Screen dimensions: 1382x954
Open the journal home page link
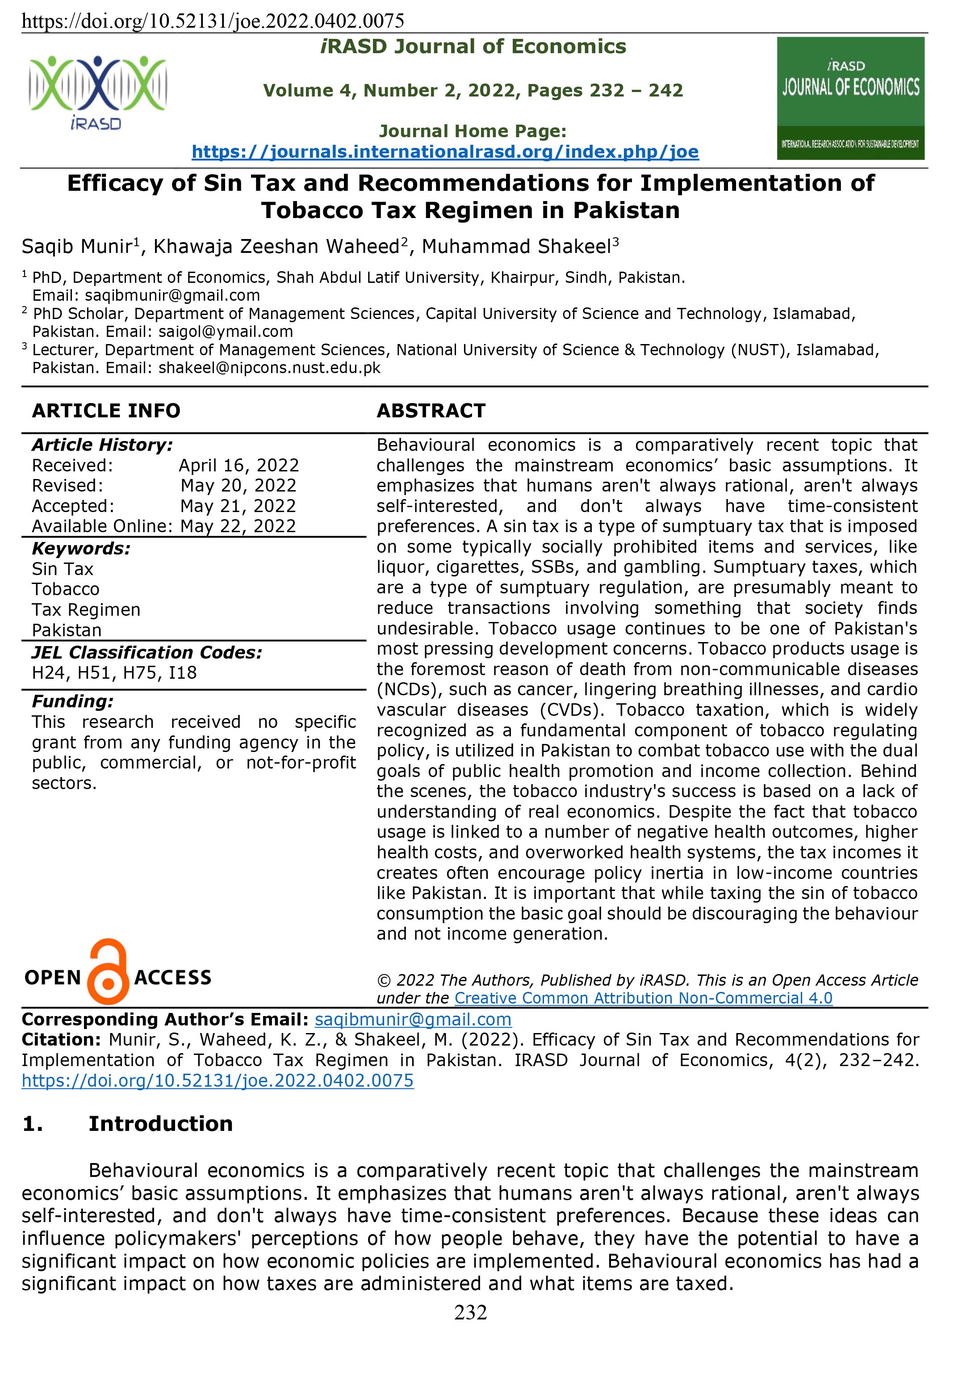point(445,152)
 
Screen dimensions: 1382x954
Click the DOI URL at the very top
point(213,21)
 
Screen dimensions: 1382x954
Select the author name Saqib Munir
point(76,246)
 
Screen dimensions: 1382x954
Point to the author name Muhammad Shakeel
point(516,246)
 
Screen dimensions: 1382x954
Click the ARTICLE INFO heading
point(106,411)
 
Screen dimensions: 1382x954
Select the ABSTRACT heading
point(431,411)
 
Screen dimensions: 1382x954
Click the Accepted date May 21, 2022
point(238,506)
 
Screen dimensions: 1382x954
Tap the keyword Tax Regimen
point(86,610)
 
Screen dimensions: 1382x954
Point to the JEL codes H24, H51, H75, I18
point(114,673)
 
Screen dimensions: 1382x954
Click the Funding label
point(72,701)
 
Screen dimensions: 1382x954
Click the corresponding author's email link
point(413,1019)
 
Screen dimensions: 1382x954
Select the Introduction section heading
point(160,1124)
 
